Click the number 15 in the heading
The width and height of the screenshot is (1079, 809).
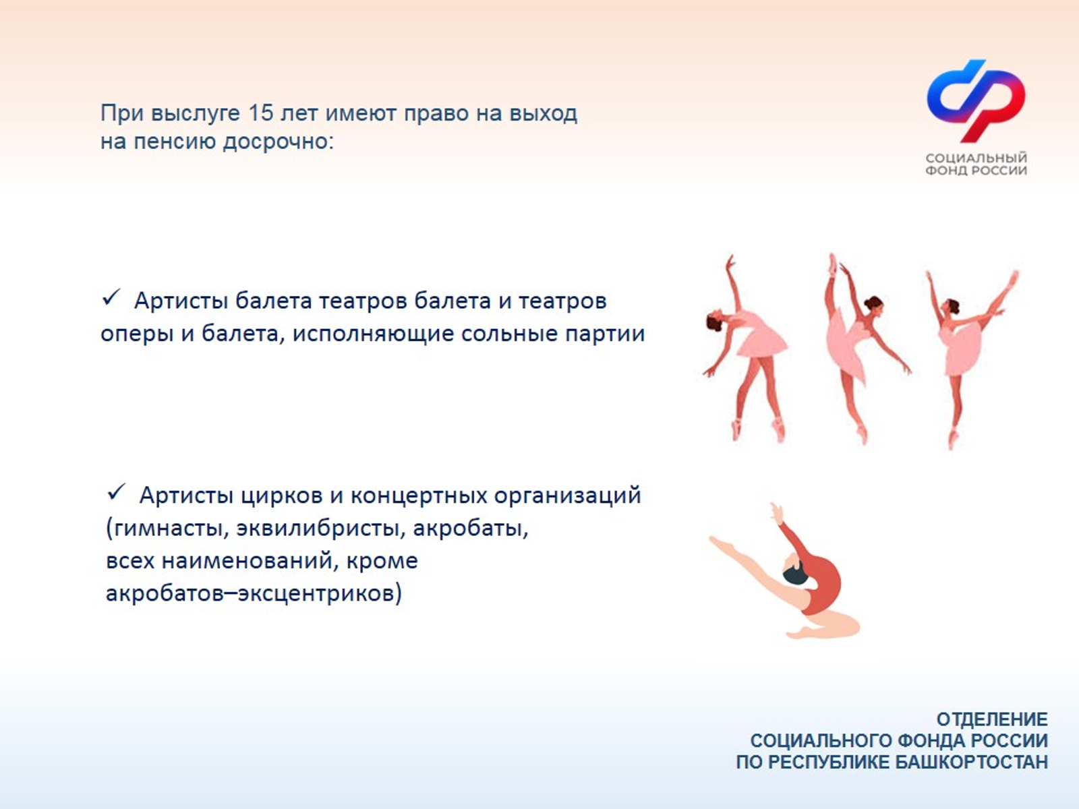[261, 113]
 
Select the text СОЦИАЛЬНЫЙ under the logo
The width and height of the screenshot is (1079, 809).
[976, 158]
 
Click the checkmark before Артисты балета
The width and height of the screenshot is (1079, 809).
[111, 298]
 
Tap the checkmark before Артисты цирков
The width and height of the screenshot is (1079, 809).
[116, 493]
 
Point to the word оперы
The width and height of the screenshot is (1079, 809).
[137, 334]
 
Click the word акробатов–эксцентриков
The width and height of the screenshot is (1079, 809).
[254, 593]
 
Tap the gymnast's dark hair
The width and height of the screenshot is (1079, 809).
[795, 575]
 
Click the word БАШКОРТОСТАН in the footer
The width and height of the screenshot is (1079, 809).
[971, 762]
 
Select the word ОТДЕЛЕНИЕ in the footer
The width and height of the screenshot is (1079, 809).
[991, 719]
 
